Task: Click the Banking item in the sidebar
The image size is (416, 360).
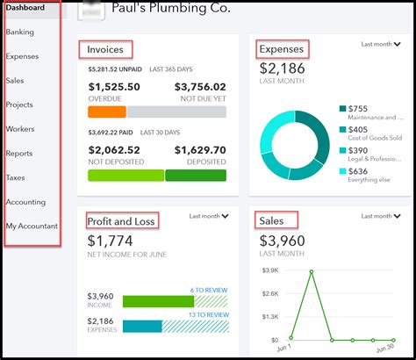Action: tap(20, 32)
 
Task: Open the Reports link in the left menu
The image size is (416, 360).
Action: tap(19, 154)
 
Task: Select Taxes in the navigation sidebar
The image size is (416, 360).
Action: tap(16, 177)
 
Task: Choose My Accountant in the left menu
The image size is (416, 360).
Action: tap(32, 227)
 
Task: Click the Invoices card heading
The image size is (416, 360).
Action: tap(106, 49)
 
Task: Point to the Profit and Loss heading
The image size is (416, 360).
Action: tap(120, 220)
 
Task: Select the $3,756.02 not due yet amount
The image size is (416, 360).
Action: tap(200, 87)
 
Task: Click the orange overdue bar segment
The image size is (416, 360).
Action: tap(107, 112)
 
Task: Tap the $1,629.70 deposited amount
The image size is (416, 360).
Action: tap(200, 150)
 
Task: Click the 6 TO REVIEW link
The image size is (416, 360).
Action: tap(210, 291)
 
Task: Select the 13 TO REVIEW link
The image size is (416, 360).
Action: tap(208, 315)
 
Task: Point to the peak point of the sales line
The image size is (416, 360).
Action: tap(312, 272)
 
